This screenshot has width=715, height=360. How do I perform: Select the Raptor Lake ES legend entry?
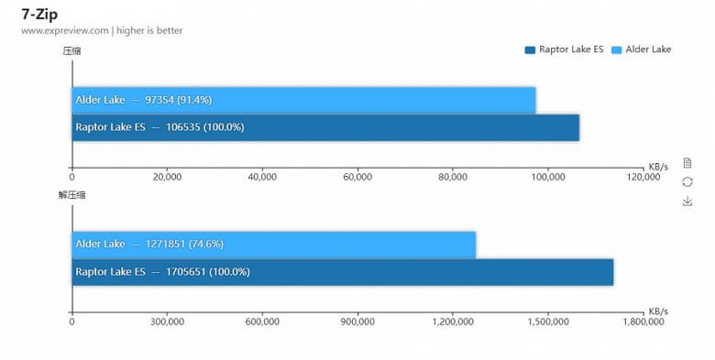coord(564,49)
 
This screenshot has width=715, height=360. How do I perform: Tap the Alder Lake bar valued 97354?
coord(303,100)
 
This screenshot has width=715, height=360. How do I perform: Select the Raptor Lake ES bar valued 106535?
coord(325,127)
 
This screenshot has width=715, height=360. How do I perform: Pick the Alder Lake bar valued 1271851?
coord(273,245)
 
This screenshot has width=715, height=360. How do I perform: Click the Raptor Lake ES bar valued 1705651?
coord(342,272)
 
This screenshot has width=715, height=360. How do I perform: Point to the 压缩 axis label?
coord(71,50)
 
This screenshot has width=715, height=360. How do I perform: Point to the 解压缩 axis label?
coord(71,195)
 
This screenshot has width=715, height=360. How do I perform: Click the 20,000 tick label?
coord(167,177)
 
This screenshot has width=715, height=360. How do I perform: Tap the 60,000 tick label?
coord(357,177)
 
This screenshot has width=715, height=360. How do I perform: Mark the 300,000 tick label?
coord(167,322)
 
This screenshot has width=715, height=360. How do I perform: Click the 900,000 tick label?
coord(357,322)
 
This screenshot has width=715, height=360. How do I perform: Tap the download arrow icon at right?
coord(687,201)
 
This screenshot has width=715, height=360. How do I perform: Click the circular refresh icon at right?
coord(687,181)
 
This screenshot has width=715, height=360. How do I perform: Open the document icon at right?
coord(687,162)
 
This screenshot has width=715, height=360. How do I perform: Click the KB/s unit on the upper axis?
coord(658,167)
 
